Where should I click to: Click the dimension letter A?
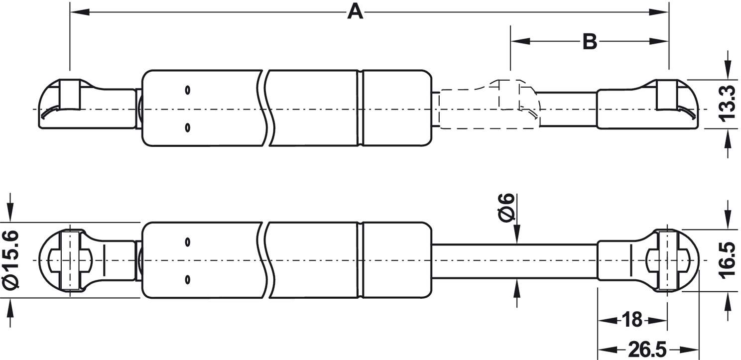tap(355, 11)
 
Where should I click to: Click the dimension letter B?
tap(590, 42)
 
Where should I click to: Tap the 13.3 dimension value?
tap(727, 103)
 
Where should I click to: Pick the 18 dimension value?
tap(632, 320)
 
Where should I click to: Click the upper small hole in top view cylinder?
tap(187, 90)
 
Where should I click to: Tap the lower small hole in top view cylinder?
tap(187, 127)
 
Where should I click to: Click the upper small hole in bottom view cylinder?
tap(187, 242)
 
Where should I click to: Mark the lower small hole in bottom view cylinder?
tap(187, 279)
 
